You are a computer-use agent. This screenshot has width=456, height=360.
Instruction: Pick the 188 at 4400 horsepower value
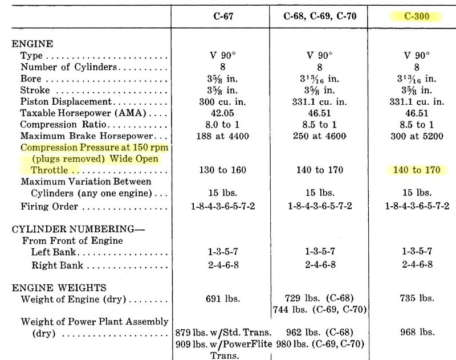click(x=219, y=137)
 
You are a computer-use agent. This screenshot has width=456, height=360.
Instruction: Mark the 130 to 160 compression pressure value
click(x=219, y=170)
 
